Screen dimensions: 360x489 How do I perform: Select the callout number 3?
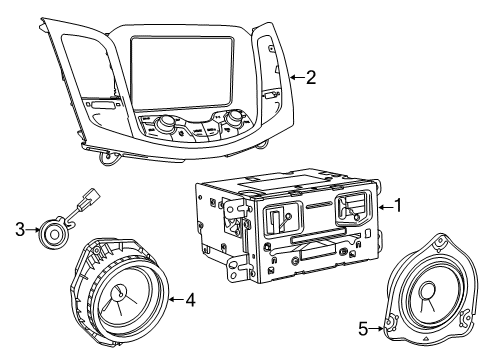tap(18, 229)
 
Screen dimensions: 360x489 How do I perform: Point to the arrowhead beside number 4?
tap(171, 297)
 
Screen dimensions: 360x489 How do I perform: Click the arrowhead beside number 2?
tap(290, 77)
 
